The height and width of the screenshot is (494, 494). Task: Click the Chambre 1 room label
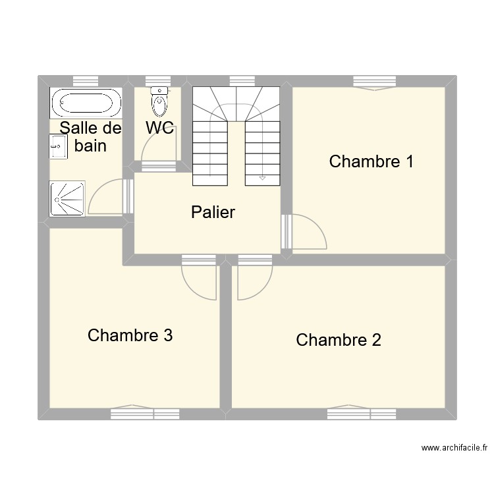[371, 161]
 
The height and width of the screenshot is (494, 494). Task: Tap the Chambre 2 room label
[339, 340]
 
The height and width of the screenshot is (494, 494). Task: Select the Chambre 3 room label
[130, 335]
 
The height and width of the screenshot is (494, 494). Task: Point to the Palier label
[213, 212]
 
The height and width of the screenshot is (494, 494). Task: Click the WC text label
[159, 128]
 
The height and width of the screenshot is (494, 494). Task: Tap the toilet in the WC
[159, 101]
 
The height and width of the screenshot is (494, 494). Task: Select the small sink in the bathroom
[58, 146]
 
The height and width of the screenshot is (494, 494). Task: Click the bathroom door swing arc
[106, 198]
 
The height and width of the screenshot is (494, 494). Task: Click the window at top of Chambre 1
[374, 82]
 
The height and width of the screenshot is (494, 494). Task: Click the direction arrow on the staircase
[262, 177]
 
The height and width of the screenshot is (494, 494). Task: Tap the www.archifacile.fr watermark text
[454, 448]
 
